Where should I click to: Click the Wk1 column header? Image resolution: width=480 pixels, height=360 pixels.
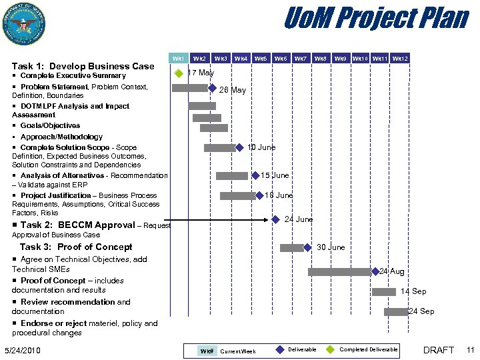coord(178,59)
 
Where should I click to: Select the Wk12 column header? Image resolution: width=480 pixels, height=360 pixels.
coord(400,59)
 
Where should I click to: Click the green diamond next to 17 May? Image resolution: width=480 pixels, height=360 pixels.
coord(179,73)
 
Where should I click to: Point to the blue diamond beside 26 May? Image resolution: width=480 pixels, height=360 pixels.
coord(212,88)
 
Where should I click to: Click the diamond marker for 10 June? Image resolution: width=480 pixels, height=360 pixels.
coord(239,147)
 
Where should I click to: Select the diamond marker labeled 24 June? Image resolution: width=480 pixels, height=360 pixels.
coord(275,219)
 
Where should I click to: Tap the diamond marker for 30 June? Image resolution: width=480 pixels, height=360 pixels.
coord(307,247)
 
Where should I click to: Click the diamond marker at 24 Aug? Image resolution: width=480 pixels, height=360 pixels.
coord(375,271)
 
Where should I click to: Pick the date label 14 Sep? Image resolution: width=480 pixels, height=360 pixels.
coord(413,292)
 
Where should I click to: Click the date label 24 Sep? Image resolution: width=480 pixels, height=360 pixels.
coord(421,311)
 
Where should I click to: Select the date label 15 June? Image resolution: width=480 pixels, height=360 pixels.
coord(275,176)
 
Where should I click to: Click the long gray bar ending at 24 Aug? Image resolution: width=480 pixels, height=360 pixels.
coord(339,271)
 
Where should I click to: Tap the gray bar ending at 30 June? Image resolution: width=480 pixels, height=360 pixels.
coord(291,248)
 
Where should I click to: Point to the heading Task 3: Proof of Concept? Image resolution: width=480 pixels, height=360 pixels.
coord(76,247)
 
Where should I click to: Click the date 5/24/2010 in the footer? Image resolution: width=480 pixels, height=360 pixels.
coord(23,351)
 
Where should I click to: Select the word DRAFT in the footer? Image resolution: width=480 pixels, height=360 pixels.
coord(439,350)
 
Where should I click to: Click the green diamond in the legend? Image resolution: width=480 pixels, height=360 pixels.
coord(331,349)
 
